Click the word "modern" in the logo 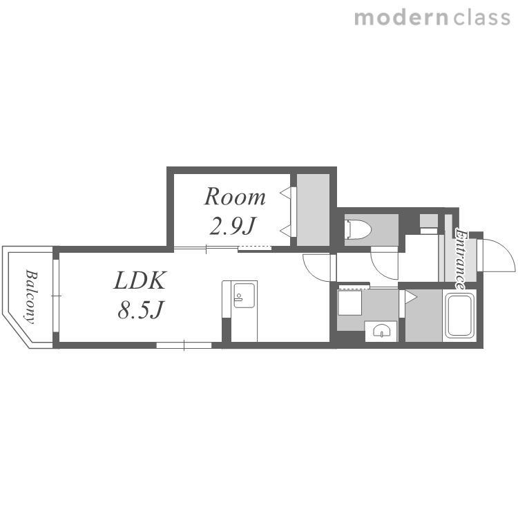(401, 18)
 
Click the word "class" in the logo (482, 18)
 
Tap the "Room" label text (235, 197)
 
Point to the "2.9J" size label (233, 227)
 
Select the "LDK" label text (140, 280)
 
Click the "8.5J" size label (140, 310)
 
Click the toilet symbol (358, 229)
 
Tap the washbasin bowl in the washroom (381, 330)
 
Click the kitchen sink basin (244, 296)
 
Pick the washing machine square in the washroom (349, 303)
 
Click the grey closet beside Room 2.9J (313, 210)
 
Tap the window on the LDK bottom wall (184, 345)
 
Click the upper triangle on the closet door (285, 193)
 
